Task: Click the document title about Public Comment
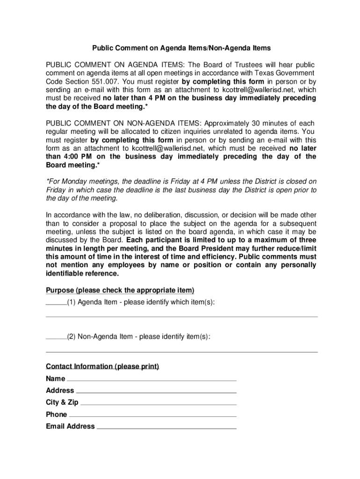click(181, 48)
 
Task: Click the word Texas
click(266, 73)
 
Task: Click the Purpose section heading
click(120, 290)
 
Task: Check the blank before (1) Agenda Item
click(56, 303)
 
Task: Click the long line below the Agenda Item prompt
click(181, 317)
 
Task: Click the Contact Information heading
click(102, 366)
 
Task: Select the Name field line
click(152, 380)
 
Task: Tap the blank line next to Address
click(156, 392)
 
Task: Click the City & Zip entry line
click(158, 404)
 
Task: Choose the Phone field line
click(153, 416)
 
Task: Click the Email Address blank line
click(166, 428)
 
